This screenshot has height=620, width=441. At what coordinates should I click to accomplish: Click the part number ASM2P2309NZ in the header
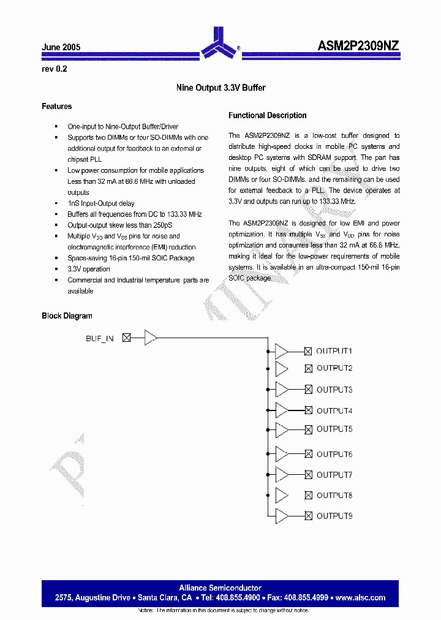pyautogui.click(x=359, y=46)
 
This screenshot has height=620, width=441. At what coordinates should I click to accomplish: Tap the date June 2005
pyautogui.click(x=61, y=47)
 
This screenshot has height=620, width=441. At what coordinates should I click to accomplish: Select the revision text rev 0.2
pyautogui.click(x=54, y=69)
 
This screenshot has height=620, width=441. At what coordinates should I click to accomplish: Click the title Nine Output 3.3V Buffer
pyautogui.click(x=221, y=88)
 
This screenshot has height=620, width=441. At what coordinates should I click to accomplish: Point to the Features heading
pyautogui.click(x=56, y=107)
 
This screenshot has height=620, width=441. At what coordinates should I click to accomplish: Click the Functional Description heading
pyautogui.click(x=267, y=115)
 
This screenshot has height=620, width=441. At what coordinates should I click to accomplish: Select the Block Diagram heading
pyautogui.click(x=67, y=316)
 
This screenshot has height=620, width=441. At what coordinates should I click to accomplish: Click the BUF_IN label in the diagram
pyautogui.click(x=100, y=338)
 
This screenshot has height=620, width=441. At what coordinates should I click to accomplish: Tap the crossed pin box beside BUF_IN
pyautogui.click(x=127, y=337)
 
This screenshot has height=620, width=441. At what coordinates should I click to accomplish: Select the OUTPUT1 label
pyautogui.click(x=334, y=351)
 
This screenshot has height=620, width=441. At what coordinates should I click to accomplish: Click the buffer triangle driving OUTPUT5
pyautogui.click(x=282, y=429)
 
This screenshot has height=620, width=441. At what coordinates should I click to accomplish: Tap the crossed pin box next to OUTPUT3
pyautogui.click(x=309, y=389)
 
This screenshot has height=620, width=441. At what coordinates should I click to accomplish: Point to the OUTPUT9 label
pyautogui.click(x=334, y=516)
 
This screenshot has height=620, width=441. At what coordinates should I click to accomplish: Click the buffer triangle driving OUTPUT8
pyautogui.click(x=282, y=495)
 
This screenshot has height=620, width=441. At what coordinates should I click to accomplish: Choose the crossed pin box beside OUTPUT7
pyautogui.click(x=309, y=475)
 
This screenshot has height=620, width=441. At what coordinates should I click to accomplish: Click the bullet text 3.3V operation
pyautogui.click(x=89, y=269)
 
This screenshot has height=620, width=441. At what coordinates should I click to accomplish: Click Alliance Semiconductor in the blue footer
pyautogui.click(x=220, y=588)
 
